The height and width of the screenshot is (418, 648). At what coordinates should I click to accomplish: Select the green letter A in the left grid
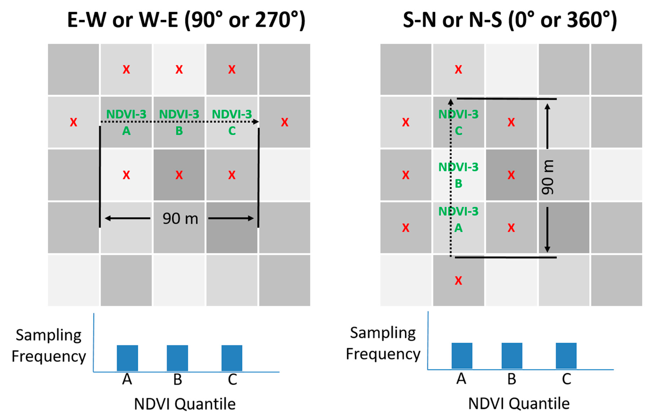tap(126, 131)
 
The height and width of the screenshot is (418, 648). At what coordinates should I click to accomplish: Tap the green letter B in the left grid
tap(179, 131)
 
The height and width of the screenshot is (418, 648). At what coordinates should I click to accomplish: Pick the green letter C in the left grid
tap(232, 131)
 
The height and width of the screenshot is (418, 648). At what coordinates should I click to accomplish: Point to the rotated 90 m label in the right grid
tap(547, 177)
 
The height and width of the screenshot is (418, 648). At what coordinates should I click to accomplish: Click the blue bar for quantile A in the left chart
tap(127, 358)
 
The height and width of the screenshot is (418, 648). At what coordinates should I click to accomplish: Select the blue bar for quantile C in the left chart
tap(232, 358)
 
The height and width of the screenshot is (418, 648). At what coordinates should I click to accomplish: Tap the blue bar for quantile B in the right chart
tap(512, 355)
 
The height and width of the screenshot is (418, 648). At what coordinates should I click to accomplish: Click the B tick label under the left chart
tap(178, 380)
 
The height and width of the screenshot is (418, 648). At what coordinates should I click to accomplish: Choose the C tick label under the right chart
tap(566, 379)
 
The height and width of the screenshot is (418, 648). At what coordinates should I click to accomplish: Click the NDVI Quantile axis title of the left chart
tap(185, 404)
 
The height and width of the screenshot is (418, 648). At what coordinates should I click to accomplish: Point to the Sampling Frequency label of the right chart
tap(383, 343)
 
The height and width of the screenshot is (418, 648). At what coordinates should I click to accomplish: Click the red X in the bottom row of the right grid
tap(458, 280)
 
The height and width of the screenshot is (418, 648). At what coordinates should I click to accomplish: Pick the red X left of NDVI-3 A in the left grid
tap(73, 122)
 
